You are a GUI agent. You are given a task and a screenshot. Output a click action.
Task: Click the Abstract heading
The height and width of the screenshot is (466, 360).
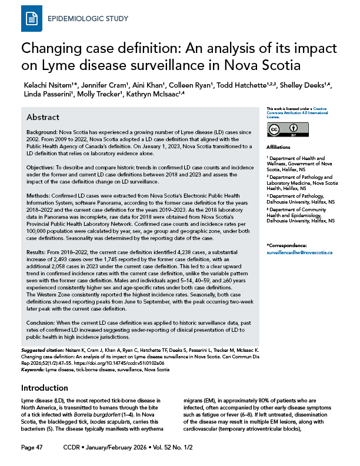click(x=42, y=118)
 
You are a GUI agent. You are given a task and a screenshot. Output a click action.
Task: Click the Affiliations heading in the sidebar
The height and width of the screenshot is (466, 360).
click(x=278, y=146)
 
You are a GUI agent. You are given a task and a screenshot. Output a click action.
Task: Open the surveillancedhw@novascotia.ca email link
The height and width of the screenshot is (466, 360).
click(x=299, y=252)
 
